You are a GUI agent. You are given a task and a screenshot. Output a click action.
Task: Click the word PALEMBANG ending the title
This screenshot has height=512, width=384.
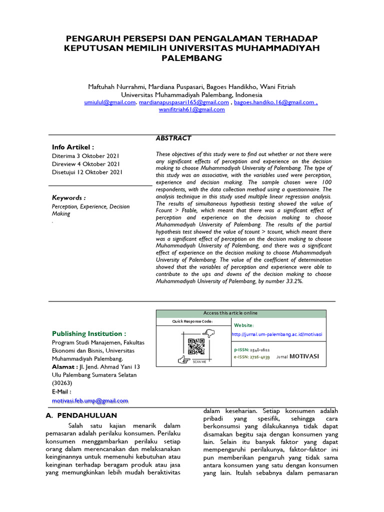[x=192, y=58]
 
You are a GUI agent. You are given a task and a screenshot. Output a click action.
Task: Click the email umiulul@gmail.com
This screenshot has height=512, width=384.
[x=110, y=102]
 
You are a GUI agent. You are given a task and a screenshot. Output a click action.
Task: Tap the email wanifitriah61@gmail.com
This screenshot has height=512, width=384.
[x=192, y=109]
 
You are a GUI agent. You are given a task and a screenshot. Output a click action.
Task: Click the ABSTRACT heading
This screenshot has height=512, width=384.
[x=174, y=138]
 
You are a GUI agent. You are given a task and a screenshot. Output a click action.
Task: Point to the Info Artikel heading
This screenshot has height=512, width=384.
[x=73, y=147]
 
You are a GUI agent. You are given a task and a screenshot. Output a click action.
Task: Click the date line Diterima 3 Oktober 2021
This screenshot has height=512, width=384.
[x=85, y=155]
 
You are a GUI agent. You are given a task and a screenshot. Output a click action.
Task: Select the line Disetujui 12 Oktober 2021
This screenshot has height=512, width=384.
[x=87, y=172]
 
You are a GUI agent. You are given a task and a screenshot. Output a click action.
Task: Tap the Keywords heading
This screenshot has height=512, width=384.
[x=69, y=197]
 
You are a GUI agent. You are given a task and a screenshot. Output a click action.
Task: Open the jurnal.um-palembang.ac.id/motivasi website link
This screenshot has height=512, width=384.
[x=277, y=334]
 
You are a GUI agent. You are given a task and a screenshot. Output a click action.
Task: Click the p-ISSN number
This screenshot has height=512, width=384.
[x=258, y=350]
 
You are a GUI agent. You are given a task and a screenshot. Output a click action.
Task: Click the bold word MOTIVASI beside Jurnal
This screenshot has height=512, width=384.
[x=304, y=356]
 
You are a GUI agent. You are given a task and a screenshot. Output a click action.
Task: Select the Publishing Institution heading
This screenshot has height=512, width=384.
[x=89, y=333]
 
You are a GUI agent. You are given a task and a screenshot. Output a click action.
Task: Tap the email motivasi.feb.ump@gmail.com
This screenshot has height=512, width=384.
[x=90, y=400]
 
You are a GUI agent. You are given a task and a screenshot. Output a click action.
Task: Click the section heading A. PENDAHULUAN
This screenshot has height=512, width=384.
[x=81, y=415]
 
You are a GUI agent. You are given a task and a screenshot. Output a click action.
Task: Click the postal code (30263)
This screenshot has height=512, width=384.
[x=62, y=383]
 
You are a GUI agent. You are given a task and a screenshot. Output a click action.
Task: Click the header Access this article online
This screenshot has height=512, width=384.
[x=230, y=313]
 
